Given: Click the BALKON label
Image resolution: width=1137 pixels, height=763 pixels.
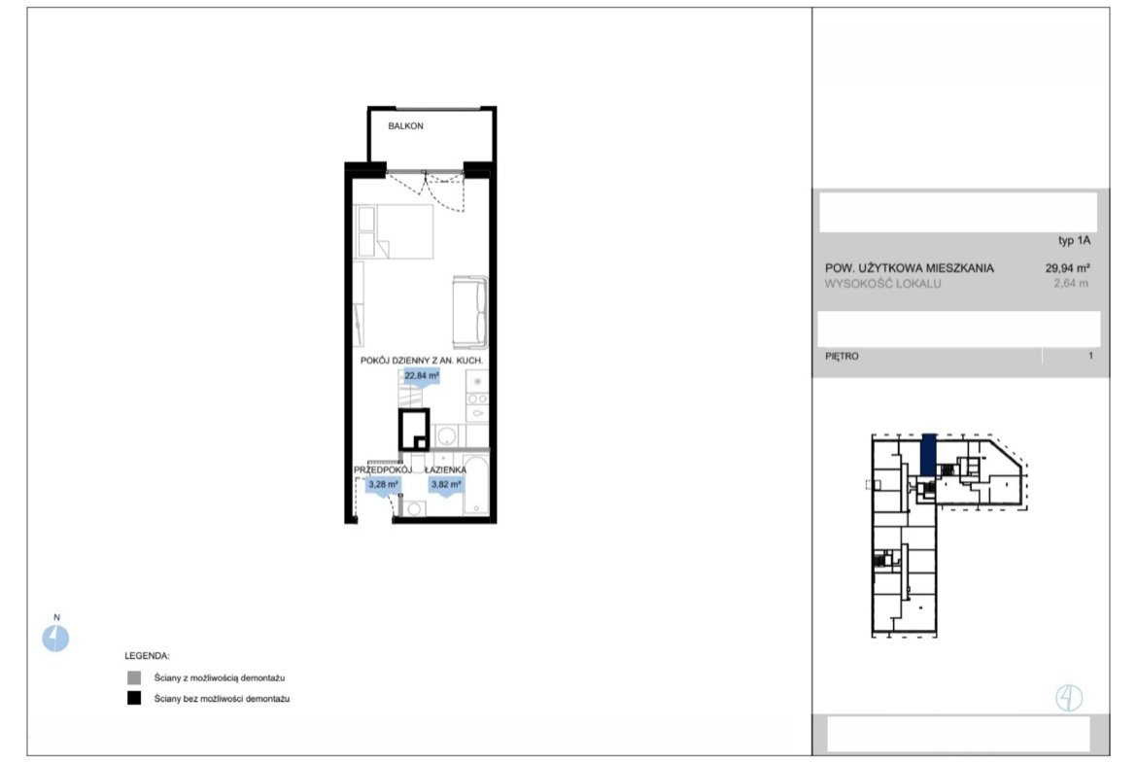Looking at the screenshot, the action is pyautogui.click(x=405, y=126).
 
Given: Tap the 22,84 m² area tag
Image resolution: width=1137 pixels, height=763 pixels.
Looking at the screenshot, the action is pyautogui.click(x=422, y=376).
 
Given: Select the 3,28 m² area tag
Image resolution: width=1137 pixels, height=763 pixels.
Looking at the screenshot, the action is pyautogui.click(x=383, y=485).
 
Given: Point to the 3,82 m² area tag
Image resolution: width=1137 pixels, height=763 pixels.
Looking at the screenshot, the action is pyautogui.click(x=446, y=485).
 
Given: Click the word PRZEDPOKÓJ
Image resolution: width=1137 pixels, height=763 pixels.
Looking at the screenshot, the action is pyautogui.click(x=382, y=470).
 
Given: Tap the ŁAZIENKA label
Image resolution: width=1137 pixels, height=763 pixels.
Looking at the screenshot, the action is pyautogui.click(x=445, y=470).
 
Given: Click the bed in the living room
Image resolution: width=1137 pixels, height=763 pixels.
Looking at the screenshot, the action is pyautogui.click(x=393, y=231).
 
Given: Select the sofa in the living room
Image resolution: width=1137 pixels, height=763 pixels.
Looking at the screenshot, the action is pyautogui.click(x=470, y=312).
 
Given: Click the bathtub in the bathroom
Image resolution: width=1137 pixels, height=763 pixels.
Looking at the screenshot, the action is pyautogui.click(x=475, y=485).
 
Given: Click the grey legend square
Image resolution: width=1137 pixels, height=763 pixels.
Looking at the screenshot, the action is pyautogui.click(x=134, y=678).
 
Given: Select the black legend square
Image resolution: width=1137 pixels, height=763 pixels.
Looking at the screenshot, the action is pyautogui.click(x=134, y=699).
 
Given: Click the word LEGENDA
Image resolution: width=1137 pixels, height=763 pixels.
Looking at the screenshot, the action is pyautogui.click(x=147, y=656).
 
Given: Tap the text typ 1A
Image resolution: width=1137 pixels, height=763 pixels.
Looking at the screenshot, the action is pyautogui.click(x=1074, y=241).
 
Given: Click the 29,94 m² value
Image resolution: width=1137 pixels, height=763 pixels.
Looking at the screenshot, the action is pyautogui.click(x=1067, y=268).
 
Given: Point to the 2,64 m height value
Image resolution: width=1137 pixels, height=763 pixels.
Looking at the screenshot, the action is pyautogui.click(x=1071, y=284).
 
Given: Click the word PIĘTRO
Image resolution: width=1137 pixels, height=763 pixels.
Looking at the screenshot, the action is pyautogui.click(x=842, y=356).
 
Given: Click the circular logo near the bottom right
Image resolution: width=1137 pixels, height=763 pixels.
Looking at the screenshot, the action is pyautogui.click(x=1069, y=698).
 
